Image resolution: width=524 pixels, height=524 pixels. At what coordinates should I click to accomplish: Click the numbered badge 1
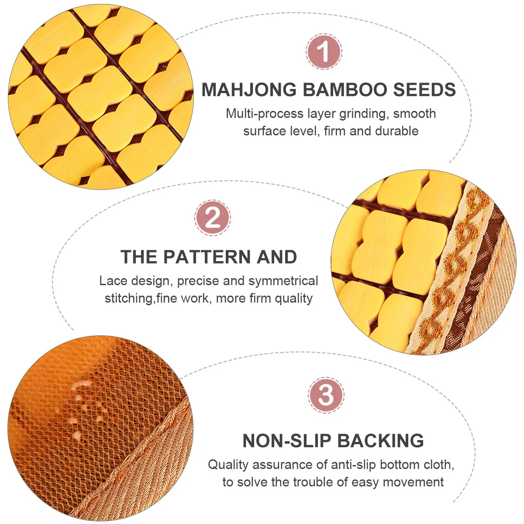[x=324, y=52]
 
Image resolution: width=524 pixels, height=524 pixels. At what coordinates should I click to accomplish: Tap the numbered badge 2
[x=213, y=218]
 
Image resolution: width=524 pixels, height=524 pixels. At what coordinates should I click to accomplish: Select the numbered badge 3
[x=326, y=395]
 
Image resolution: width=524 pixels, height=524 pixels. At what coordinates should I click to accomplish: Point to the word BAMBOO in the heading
[x=345, y=90]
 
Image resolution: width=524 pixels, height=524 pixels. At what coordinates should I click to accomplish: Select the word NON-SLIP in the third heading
[x=287, y=441]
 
